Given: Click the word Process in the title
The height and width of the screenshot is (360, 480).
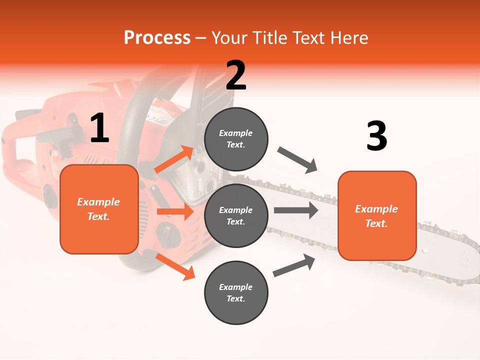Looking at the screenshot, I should tap(157, 38).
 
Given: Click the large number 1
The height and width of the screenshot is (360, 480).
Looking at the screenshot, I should tap(99, 128).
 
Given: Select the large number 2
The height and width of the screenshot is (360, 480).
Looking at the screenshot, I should tap(236, 75).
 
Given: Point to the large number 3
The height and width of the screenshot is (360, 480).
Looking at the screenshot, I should tap(376, 136).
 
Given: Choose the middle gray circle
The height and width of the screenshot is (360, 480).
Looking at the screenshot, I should tap(236, 215).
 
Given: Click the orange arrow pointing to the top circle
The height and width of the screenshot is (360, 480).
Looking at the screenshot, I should tap(174, 159).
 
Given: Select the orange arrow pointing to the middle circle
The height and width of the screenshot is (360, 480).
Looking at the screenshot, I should tap(175, 211).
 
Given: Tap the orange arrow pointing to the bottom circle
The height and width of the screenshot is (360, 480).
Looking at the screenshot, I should tap(175, 266).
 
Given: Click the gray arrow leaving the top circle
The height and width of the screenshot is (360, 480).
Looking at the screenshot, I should tap(297, 160).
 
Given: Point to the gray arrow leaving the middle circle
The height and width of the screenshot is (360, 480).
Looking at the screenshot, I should tap(296, 210).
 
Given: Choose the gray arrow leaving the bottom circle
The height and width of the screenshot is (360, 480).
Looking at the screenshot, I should tap(294, 265).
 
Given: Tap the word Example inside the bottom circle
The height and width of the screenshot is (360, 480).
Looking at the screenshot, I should tap(235, 287).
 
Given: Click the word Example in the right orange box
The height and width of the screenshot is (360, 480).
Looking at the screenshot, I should tap(376, 209).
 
